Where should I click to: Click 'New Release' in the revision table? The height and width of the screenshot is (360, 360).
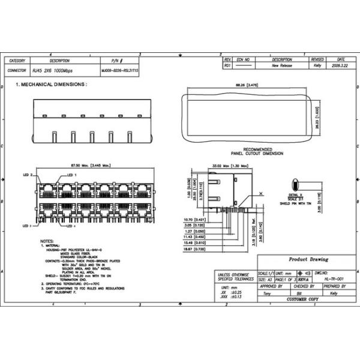[x=282, y=65]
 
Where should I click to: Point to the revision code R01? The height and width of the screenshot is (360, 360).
[x=227, y=65]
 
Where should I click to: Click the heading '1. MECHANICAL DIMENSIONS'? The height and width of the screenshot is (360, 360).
[x=51, y=85]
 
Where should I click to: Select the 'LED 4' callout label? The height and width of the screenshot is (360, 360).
[x=71, y=227]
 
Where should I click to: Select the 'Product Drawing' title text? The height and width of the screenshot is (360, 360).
[x=309, y=260]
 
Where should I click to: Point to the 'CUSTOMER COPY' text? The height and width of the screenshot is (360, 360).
[x=304, y=299]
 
